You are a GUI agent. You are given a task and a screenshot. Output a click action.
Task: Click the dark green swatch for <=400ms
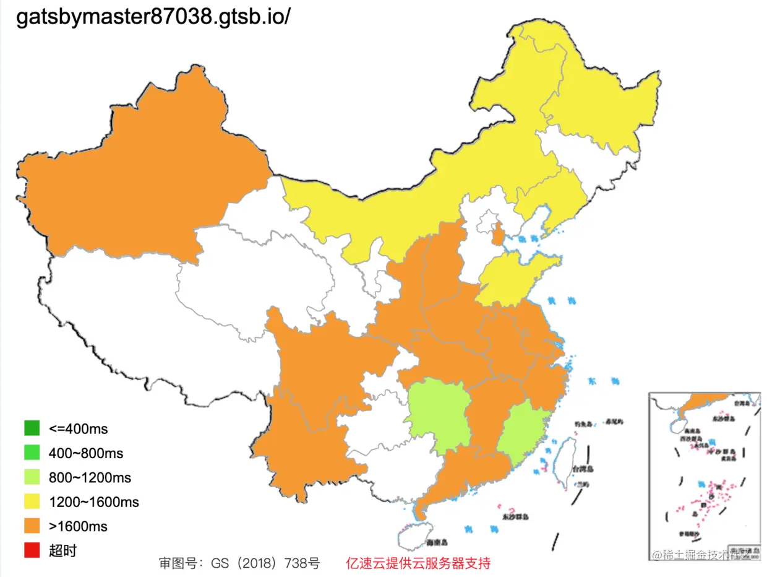(32, 428)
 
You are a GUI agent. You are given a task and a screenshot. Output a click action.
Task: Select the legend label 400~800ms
(85, 453)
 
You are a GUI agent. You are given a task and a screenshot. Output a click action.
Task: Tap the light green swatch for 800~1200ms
(32, 477)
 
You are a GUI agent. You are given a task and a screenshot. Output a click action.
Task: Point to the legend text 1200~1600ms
(93, 502)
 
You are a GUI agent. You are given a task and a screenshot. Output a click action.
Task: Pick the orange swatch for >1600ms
(32, 526)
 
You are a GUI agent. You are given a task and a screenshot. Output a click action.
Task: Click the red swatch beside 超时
(32, 550)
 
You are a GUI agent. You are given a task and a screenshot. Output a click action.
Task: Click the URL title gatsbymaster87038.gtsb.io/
(153, 17)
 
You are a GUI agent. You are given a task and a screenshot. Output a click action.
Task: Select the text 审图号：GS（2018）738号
(239, 563)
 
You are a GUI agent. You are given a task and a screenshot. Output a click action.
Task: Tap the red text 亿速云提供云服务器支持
(418, 563)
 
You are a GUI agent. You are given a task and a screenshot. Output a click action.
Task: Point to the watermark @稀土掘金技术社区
(704, 554)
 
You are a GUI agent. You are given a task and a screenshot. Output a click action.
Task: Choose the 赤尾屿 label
(615, 422)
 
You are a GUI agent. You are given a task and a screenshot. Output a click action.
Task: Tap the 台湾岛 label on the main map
(583, 469)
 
